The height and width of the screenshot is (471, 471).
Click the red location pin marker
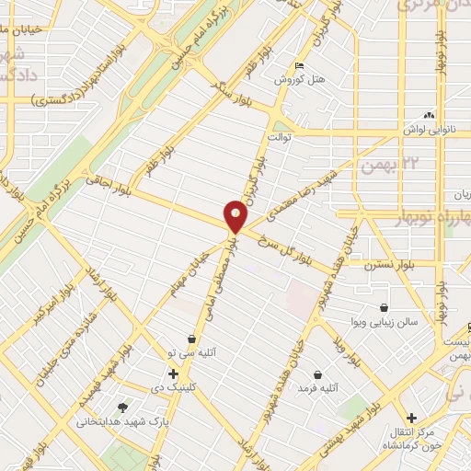coord(236,217)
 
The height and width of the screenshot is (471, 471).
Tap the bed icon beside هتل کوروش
coord(298,66)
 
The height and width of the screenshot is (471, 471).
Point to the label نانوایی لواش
coord(430,130)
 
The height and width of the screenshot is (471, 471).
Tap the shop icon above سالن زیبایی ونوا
coord(384,307)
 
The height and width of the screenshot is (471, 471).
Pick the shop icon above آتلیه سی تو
coord(191,339)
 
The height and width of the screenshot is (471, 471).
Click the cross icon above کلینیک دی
coord(174,373)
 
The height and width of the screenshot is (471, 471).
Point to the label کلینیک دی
coord(174,387)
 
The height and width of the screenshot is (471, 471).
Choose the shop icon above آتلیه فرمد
coord(318,375)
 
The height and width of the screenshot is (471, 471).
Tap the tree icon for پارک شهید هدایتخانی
coord(123,407)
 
